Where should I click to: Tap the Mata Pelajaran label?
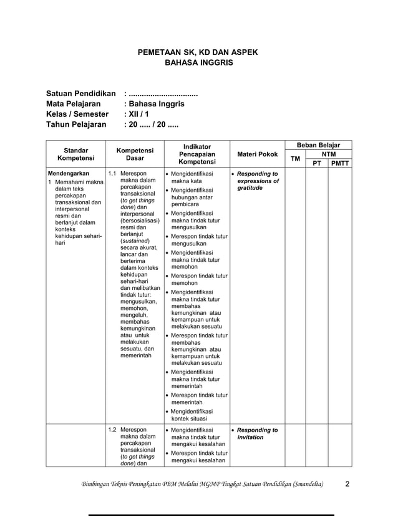pyautogui.click(x=74, y=104)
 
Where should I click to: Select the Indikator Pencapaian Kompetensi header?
pyautogui.click(x=197, y=154)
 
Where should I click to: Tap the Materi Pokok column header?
pyautogui.click(x=258, y=154)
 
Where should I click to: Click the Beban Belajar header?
pyautogui.click(x=318, y=145)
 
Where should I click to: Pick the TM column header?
pyautogui.click(x=296, y=159)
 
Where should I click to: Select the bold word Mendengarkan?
pyautogui.click(x=69, y=173)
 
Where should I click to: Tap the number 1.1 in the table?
pyautogui.click(x=112, y=173)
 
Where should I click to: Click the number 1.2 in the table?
pyautogui.click(x=112, y=430)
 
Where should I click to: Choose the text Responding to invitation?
pyautogui.click(x=256, y=434)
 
